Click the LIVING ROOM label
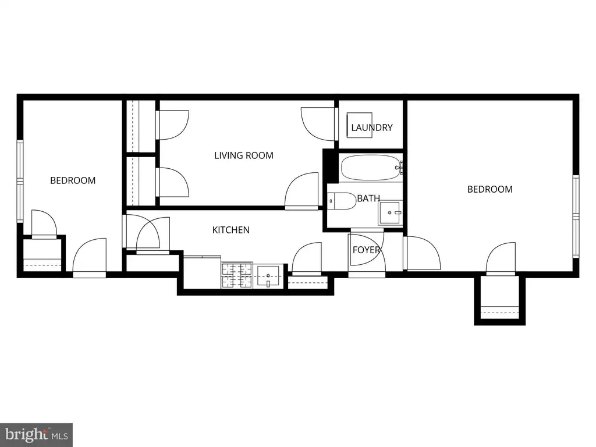(x=244, y=155)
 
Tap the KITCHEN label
(x=230, y=230)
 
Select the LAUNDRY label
(x=372, y=127)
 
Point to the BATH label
(x=368, y=198)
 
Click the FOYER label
(x=367, y=250)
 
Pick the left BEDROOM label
(x=73, y=180)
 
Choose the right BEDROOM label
(x=490, y=189)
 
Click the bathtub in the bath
(x=372, y=168)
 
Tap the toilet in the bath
(x=342, y=201)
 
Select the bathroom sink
(x=390, y=212)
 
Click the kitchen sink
(x=268, y=275)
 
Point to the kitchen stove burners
(x=237, y=275)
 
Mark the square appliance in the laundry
(x=360, y=125)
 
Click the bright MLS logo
(x=37, y=435)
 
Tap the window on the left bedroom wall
(x=20, y=181)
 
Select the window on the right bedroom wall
(x=576, y=217)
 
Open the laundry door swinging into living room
(x=318, y=123)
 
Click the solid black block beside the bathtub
(x=330, y=166)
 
